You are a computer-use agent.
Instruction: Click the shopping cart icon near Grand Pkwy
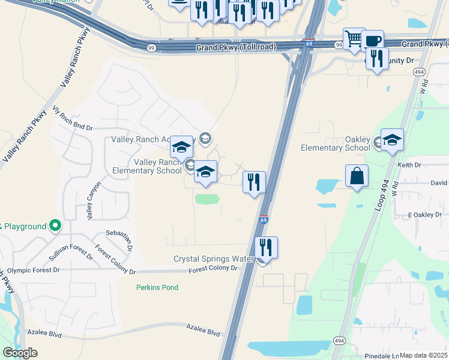[354, 38]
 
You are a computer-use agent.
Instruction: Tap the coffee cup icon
[372, 41]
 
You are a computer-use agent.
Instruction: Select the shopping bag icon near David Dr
[357, 176]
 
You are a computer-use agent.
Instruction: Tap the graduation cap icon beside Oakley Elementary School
[392, 140]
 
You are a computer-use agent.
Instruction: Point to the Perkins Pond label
[157, 287]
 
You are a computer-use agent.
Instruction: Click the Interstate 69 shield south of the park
[264, 220]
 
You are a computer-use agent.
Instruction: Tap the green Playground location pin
[55, 226]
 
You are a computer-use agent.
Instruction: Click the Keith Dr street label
[410, 164]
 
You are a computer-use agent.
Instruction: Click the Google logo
[20, 352]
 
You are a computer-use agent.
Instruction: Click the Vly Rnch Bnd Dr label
[73, 119]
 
